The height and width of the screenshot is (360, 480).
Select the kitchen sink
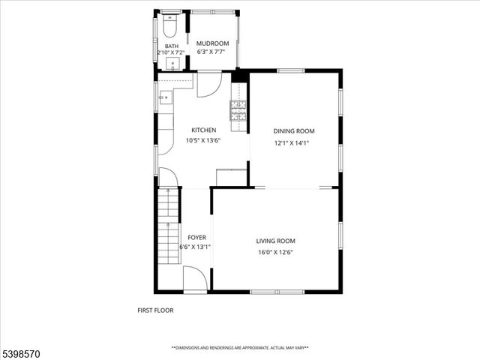tap(164, 97)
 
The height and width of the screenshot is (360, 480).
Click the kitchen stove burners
tap(238, 110)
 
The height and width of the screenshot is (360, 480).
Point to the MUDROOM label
tap(212, 44)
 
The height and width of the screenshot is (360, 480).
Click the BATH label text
tap(172, 46)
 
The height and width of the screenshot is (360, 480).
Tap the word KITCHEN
tap(203, 130)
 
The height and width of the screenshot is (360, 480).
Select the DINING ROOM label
tap(293, 131)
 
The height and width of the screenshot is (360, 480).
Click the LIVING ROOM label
tap(275, 241)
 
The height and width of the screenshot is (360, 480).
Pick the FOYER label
tap(196, 238)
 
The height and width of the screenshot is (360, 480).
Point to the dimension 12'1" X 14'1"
tap(291, 142)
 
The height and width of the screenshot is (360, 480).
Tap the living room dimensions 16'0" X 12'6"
tap(274, 252)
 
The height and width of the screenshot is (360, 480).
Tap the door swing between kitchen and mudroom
tap(208, 84)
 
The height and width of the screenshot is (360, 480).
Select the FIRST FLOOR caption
tap(155, 310)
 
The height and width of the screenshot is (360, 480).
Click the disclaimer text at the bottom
tap(240, 348)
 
